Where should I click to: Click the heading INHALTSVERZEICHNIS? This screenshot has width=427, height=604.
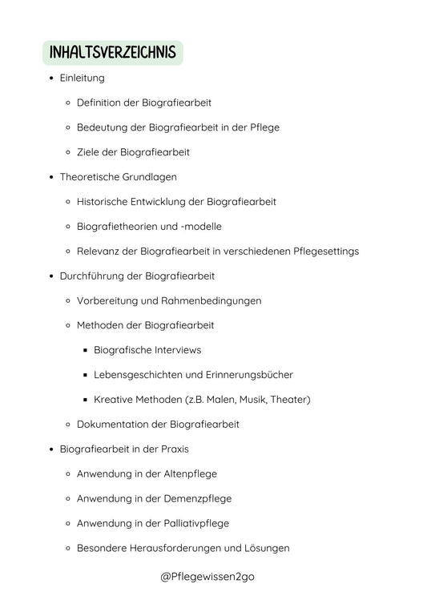click(x=112, y=53)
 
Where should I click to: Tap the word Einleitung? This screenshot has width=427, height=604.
click(x=82, y=78)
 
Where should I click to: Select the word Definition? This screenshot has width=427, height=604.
click(x=100, y=103)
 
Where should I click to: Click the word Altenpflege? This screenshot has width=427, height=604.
click(x=187, y=474)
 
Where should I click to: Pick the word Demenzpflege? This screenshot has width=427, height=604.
click(x=195, y=499)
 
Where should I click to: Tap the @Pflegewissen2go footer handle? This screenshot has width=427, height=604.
click(x=207, y=577)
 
